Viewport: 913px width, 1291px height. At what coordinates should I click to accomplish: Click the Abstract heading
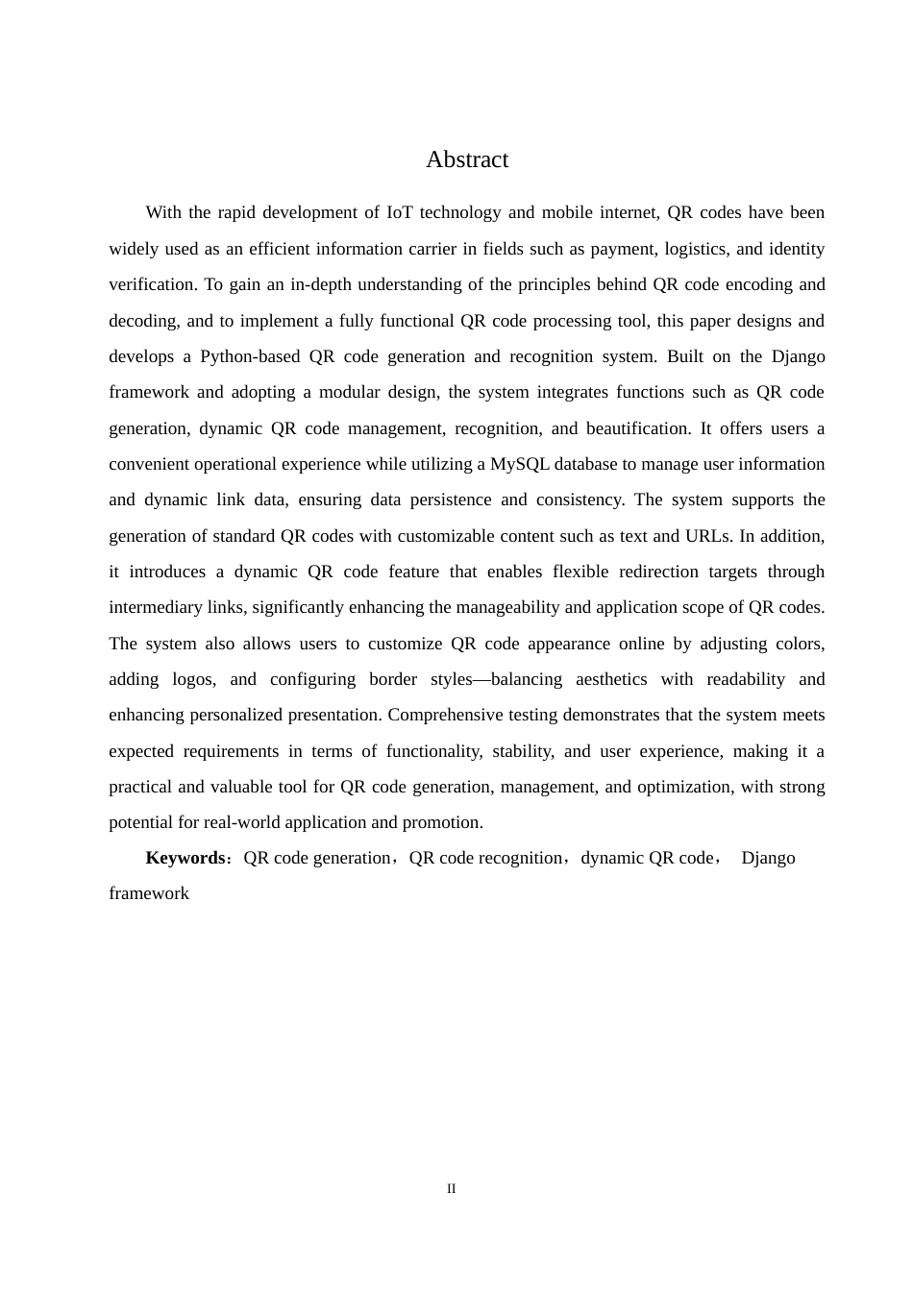tap(467, 159)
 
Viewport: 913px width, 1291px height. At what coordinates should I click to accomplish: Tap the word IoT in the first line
tap(401, 212)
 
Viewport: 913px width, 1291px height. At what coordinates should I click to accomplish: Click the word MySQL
tap(519, 464)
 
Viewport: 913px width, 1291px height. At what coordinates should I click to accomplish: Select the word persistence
tap(430, 499)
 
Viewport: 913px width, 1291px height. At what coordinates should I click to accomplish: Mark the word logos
tap(193, 679)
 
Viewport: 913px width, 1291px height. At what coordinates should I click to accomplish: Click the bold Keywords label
tap(185, 858)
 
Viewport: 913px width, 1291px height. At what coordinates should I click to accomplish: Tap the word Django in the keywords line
tap(768, 858)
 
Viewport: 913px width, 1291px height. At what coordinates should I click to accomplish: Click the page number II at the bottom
tap(452, 1189)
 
